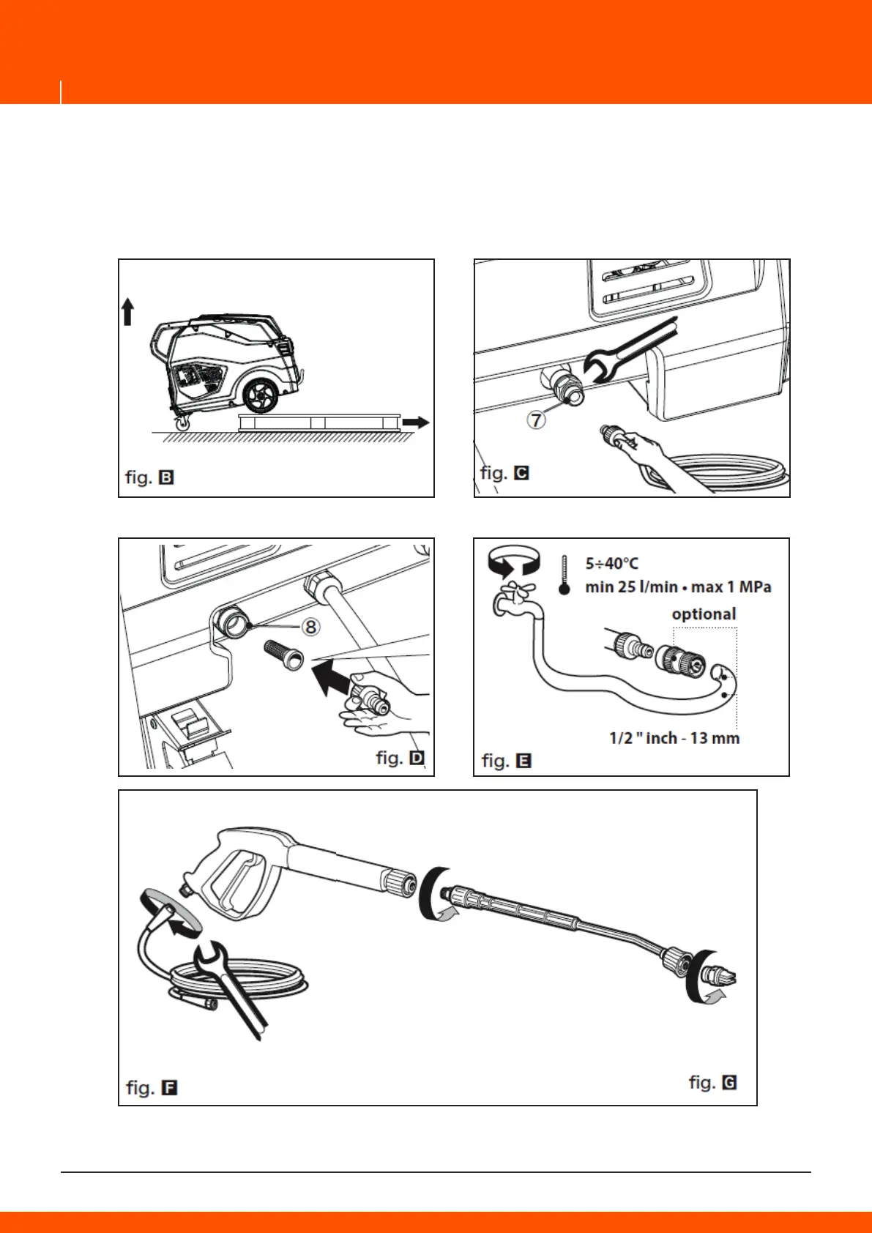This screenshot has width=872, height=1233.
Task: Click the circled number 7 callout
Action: [537, 420]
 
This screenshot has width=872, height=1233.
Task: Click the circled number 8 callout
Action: [310, 627]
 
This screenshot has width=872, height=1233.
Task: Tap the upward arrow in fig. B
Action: [127, 311]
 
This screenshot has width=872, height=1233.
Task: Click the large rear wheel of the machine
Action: [261, 396]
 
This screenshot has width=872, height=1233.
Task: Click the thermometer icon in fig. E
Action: [564, 575]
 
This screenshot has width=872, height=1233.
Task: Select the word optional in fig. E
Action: [704, 614]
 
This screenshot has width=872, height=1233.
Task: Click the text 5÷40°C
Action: [611, 563]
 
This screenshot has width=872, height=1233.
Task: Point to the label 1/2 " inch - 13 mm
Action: [674, 738]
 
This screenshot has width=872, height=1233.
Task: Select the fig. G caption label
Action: [712, 1082]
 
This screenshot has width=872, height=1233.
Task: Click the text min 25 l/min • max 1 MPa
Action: [678, 587]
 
